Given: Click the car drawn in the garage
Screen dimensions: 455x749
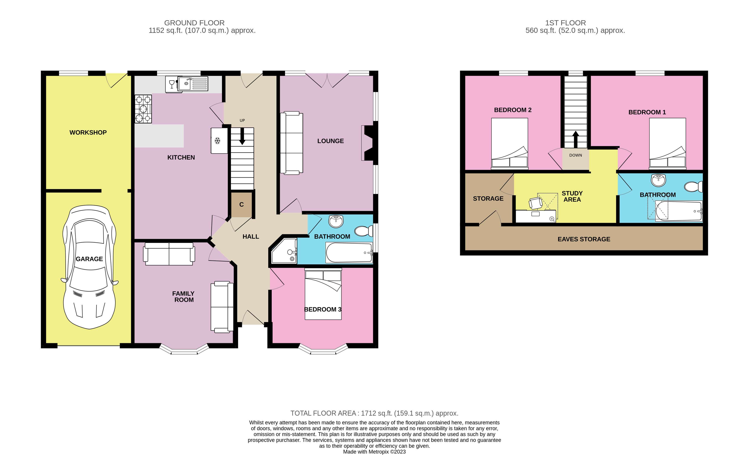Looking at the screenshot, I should pyautogui.click(x=89, y=267).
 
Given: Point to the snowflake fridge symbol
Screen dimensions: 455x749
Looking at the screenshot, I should pyautogui.click(x=217, y=141).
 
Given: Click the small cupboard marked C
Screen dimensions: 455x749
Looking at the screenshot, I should pyautogui.click(x=241, y=204).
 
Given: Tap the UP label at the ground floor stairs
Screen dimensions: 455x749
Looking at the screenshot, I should pyautogui.click(x=242, y=120).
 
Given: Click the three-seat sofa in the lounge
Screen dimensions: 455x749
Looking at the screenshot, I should pyautogui.click(x=291, y=143).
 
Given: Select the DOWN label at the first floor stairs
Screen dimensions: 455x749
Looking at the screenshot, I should pyautogui.click(x=575, y=155).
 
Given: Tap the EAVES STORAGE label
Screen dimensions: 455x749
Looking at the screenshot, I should pyautogui.click(x=584, y=239).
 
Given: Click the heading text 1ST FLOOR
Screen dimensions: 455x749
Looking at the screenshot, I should pyautogui.click(x=565, y=23).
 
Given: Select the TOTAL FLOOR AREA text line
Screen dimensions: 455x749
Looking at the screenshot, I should pyautogui.click(x=374, y=413).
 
